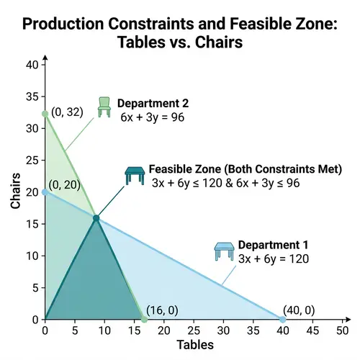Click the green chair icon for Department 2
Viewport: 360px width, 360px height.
(105, 106)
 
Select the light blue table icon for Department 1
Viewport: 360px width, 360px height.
(225, 251)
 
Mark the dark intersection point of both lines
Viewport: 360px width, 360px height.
(96, 217)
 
